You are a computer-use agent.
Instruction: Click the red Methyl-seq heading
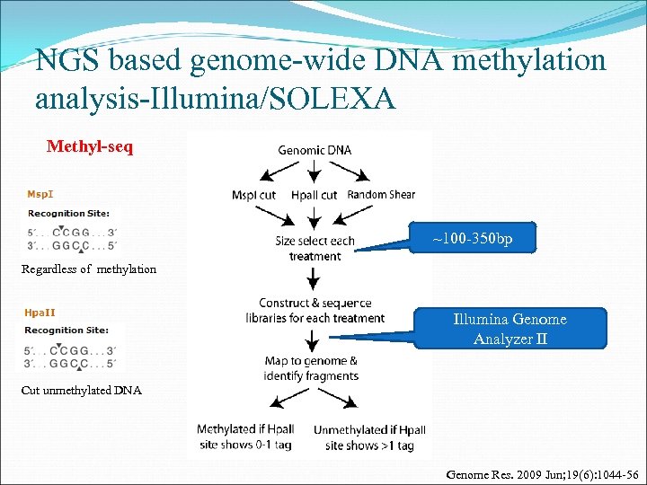coord(90,146)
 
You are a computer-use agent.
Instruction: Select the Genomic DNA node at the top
coord(315,150)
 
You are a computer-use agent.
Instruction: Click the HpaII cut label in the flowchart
coord(315,194)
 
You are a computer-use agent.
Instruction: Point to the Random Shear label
coord(380,194)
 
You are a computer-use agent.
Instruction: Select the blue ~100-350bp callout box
coord(472,240)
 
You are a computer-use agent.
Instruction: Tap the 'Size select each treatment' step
coord(315,248)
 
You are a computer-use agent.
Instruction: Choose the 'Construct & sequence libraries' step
coord(315,311)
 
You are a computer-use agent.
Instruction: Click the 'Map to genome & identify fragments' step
coord(311,368)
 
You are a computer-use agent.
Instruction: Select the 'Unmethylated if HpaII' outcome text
coord(368,437)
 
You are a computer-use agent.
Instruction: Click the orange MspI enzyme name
coord(40,193)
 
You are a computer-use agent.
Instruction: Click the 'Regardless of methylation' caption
coord(89,269)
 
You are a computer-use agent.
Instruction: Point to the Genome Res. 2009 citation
coord(541,472)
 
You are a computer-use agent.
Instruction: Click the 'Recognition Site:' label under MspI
coord(68,213)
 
